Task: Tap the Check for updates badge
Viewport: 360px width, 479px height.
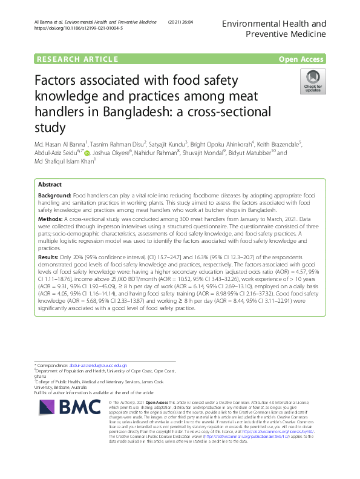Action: click(x=312, y=81)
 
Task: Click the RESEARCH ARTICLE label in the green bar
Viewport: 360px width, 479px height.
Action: click(x=77, y=59)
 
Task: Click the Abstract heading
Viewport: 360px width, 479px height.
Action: click(x=50, y=184)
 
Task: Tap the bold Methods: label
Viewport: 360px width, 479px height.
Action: click(x=50, y=217)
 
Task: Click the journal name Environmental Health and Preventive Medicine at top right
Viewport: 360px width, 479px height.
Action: click(x=274, y=30)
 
